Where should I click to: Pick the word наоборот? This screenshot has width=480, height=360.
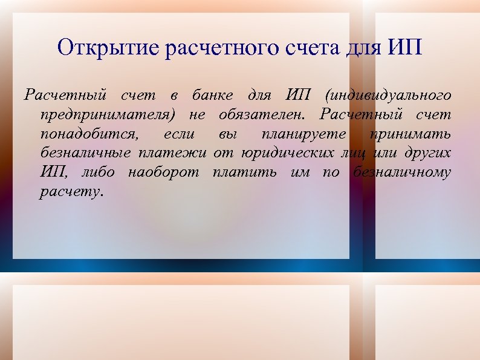pyautogui.click(x=163, y=172)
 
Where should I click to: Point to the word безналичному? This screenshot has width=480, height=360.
pyautogui.click(x=401, y=172)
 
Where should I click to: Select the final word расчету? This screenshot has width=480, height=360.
pyautogui.click(x=71, y=192)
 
